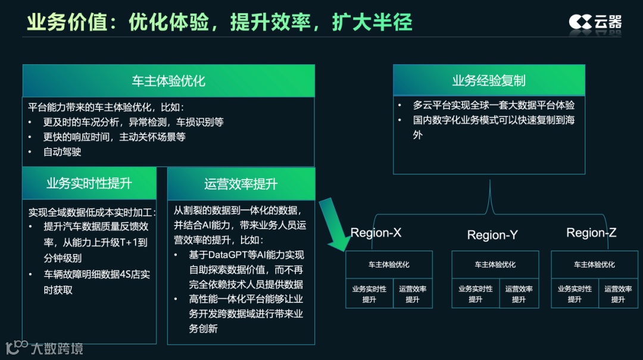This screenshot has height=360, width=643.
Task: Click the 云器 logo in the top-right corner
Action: pos(595,22)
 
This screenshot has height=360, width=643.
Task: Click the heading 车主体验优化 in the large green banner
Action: pos(168,81)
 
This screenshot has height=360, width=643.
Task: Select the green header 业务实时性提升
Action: pos(89,183)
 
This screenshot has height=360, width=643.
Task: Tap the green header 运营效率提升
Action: pos(241,184)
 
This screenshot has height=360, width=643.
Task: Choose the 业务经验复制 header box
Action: pos(488,80)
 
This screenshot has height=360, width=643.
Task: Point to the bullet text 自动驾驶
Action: pos(63,152)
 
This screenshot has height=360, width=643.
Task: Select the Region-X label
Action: pos(376,233)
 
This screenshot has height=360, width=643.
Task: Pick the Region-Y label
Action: pos(492,235)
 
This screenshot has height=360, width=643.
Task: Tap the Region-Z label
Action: pos(591,233)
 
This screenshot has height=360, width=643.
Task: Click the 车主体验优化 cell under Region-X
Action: pos(389,264)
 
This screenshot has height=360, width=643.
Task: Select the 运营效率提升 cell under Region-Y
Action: pos(519,294)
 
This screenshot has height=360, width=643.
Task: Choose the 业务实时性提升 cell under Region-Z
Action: pos(575,294)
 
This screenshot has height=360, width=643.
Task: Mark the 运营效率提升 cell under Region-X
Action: pos(413,294)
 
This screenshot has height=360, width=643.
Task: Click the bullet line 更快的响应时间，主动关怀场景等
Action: pos(114,137)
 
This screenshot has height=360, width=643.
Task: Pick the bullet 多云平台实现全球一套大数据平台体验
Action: pos(494,105)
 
